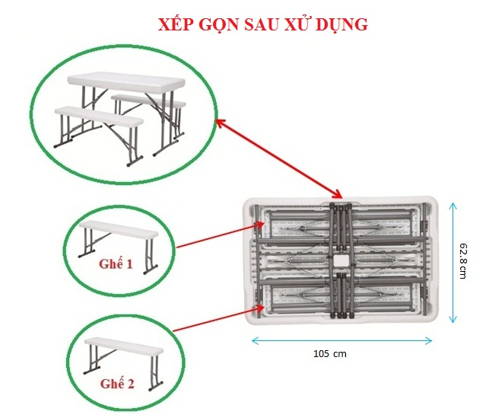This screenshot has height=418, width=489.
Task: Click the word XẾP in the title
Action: pyautogui.click(x=175, y=24)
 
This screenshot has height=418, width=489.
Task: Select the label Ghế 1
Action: pyautogui.click(x=116, y=264)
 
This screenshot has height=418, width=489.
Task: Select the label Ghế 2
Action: pyautogui.click(x=117, y=384)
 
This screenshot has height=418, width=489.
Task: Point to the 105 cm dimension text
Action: pyautogui.click(x=330, y=354)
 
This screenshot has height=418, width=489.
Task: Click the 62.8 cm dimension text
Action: pyautogui.click(x=463, y=261)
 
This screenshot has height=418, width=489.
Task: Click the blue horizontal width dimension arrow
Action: pyautogui.click(x=341, y=341)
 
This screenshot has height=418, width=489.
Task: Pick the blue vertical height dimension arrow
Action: pyautogui.click(x=452, y=263)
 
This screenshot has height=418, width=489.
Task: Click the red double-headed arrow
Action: pyautogui.click(x=279, y=158)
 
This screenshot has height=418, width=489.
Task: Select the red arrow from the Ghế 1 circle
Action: pyautogui.click(x=221, y=235)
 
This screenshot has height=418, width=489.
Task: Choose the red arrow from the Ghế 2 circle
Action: pyautogui.click(x=218, y=318)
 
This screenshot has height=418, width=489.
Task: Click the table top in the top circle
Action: pyautogui.click(x=126, y=81)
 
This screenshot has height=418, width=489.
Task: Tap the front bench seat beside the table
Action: pyautogui.click(x=99, y=117)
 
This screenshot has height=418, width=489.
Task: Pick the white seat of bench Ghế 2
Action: pyautogui.click(x=123, y=346)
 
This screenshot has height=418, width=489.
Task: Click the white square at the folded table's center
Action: pyautogui.click(x=340, y=260)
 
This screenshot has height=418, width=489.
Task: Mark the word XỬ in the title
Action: pyautogui.click(x=297, y=24)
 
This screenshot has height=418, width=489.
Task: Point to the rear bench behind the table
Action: pyautogui.click(x=148, y=101)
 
